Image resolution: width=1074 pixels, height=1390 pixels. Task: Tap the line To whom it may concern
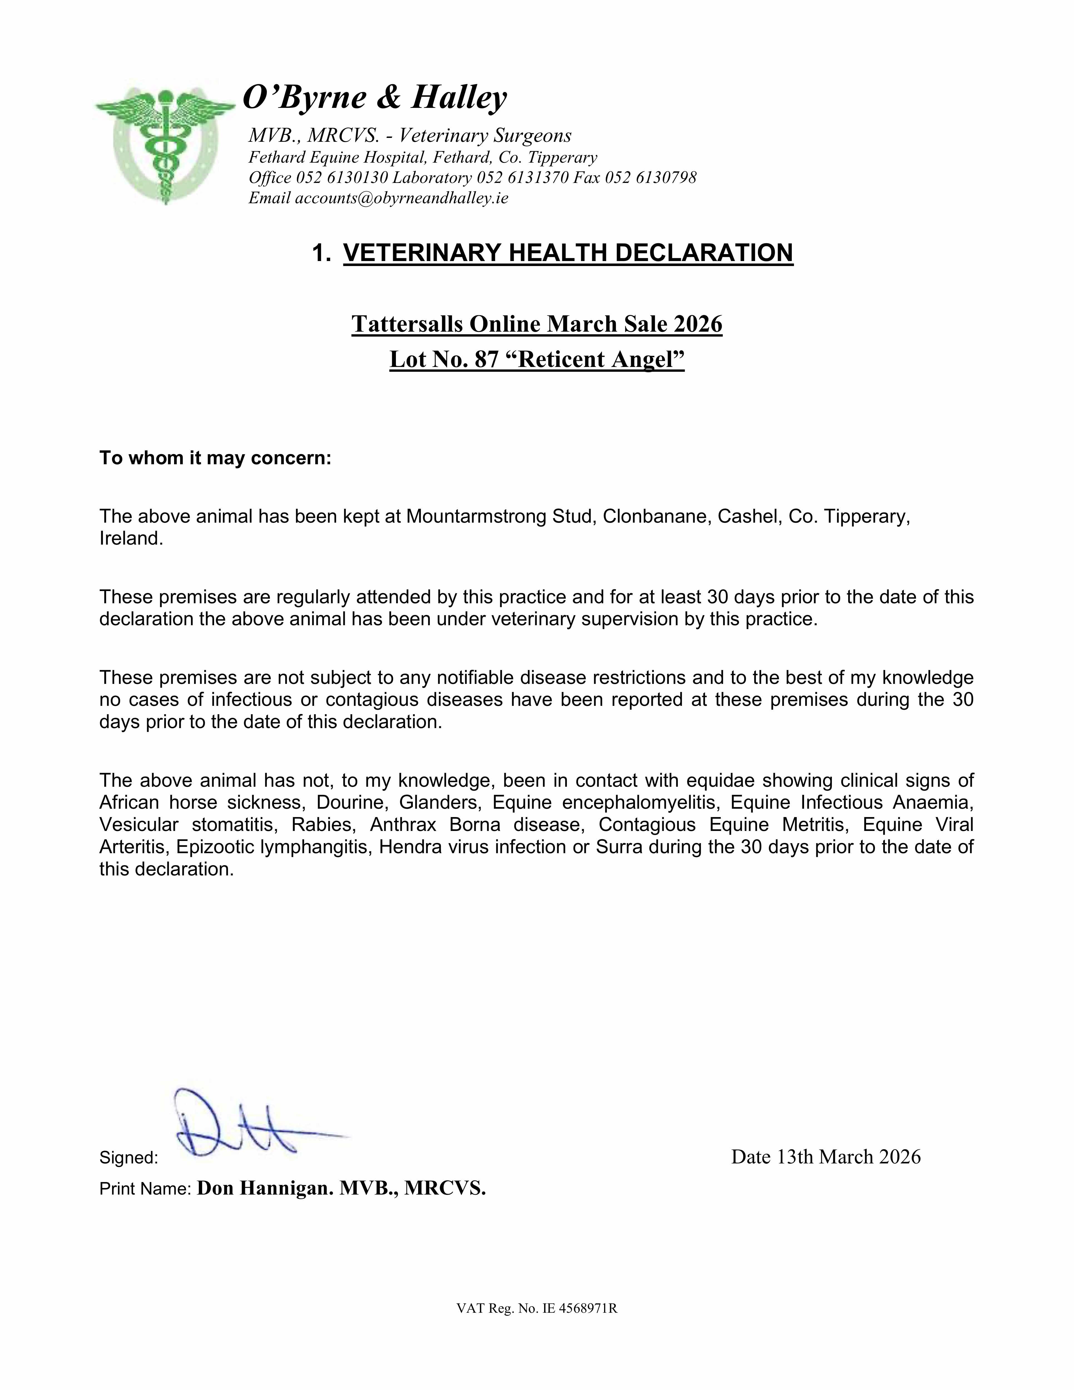click(215, 458)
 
